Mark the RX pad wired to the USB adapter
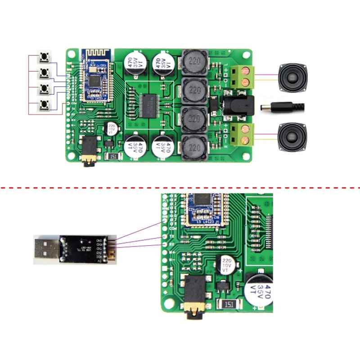pos(164,245)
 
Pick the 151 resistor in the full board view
pos(112,156)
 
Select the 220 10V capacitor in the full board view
pos(111,129)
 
